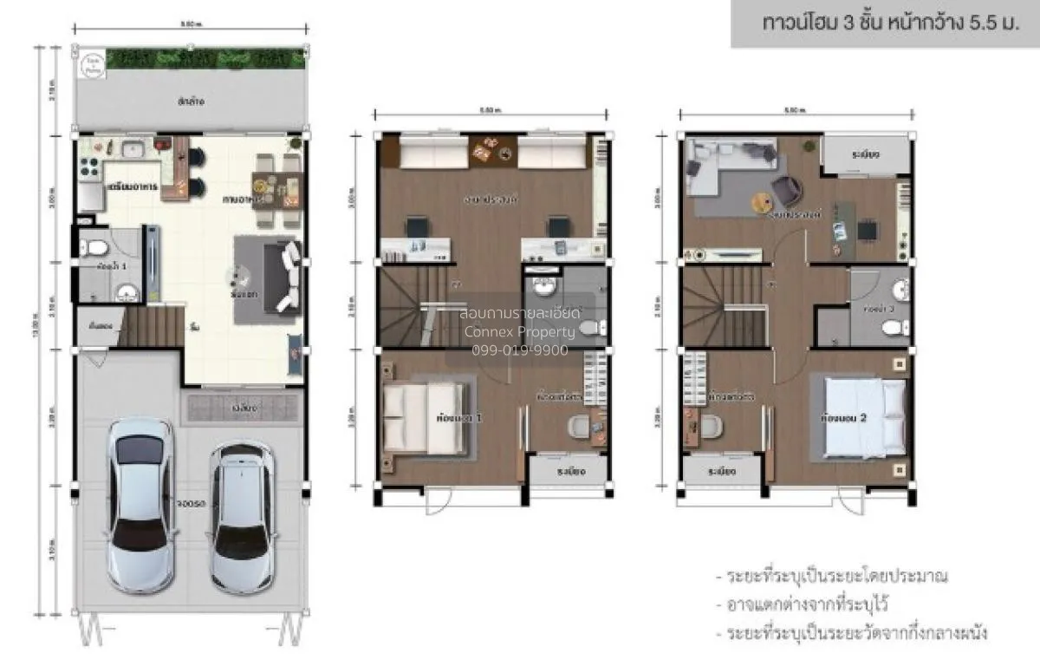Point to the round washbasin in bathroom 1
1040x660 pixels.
(x=127, y=291)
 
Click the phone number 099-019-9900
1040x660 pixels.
(x=519, y=350)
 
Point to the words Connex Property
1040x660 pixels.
(x=519, y=332)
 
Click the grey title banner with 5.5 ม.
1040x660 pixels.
(x=884, y=23)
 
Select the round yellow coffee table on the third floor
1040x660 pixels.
(x=761, y=203)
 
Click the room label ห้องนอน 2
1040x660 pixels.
(x=845, y=418)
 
